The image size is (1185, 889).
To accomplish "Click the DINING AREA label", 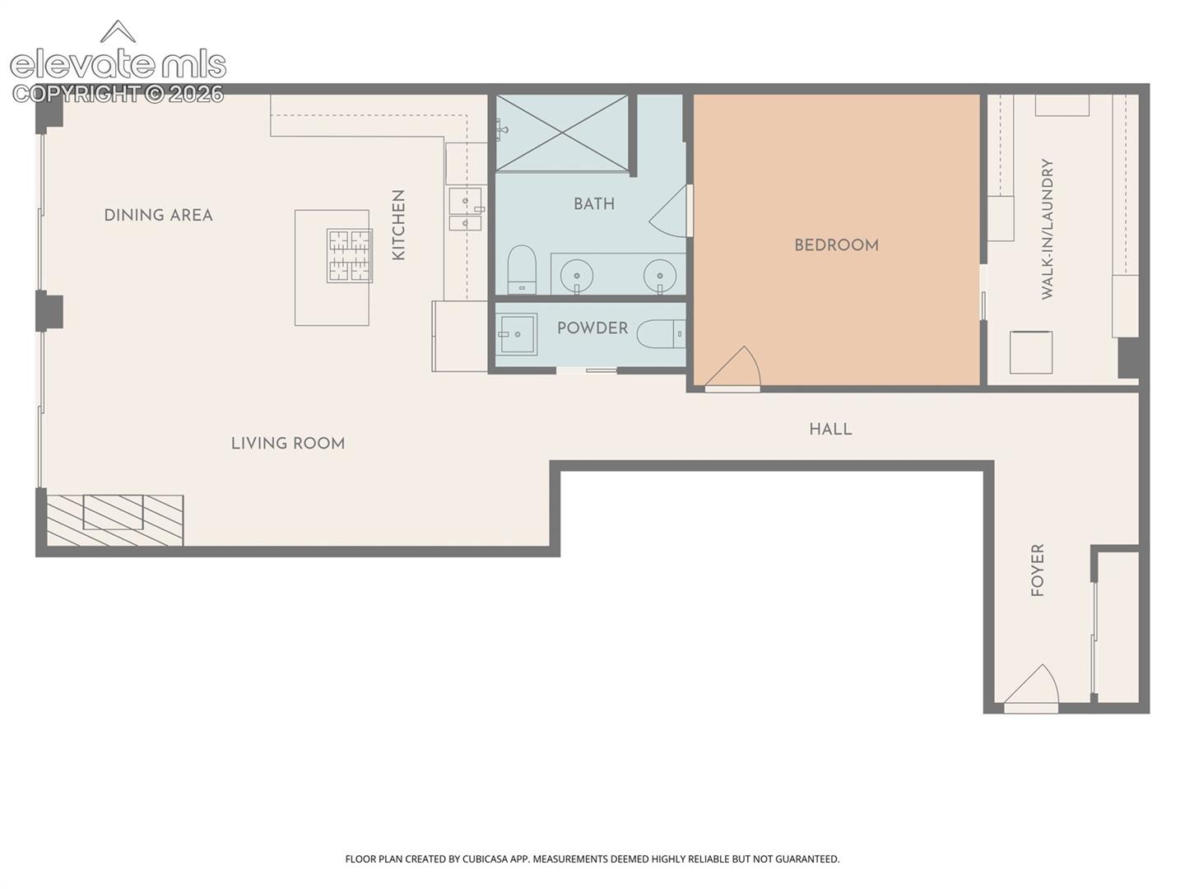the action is [158, 216].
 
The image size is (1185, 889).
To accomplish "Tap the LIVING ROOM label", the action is [288, 444].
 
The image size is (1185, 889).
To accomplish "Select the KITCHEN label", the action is [398, 225].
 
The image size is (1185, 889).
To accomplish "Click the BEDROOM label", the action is [836, 245].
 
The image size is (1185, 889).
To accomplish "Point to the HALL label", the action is [830, 430].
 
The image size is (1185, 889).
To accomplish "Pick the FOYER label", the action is [1038, 570].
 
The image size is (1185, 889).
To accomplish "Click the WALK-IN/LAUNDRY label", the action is [1047, 229].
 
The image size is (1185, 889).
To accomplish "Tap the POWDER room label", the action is [592, 328].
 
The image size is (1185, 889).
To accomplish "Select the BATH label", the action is [594, 204].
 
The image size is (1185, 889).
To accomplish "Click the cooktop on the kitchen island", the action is [349, 256].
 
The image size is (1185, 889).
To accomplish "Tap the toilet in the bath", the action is [522, 269].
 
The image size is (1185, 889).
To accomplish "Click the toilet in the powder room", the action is [661, 334].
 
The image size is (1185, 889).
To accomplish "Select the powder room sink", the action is [517, 334].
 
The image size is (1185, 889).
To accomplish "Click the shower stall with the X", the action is [562, 133].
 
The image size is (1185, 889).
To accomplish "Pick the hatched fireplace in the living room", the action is [115, 520].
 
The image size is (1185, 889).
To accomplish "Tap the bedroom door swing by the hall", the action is [732, 369].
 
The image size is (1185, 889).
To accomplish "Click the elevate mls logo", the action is [118, 62].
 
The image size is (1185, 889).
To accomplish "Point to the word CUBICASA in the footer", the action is [485, 859].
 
